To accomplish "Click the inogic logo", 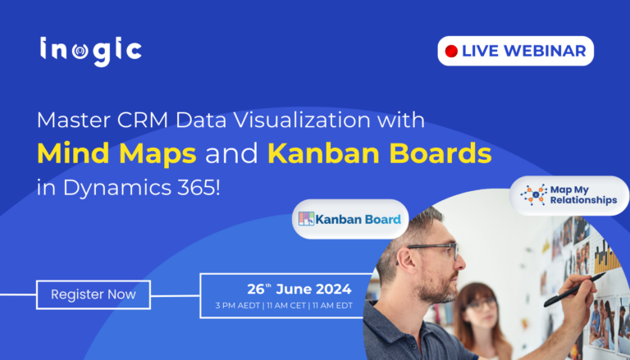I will point(90,50).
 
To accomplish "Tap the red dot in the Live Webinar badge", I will point(450,51).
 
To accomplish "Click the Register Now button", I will point(94,294).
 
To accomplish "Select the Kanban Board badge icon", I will point(306,219).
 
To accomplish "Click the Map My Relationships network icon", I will point(533,194).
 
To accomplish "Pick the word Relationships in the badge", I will point(584,201).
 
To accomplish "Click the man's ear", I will point(404,268).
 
